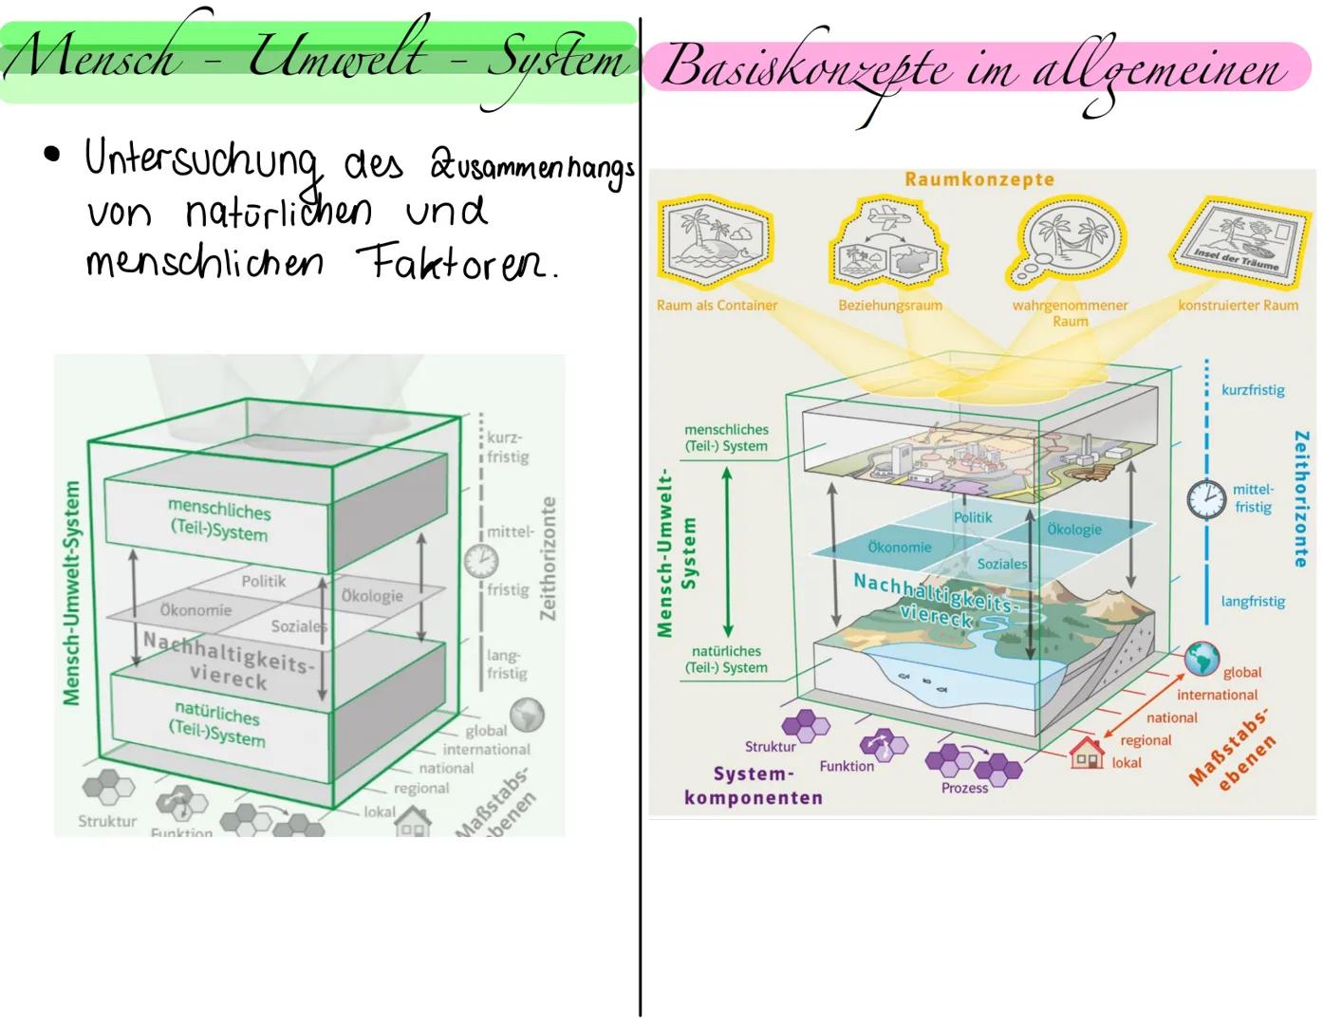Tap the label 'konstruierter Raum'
pos(1238,306)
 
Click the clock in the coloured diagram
pos(1206,499)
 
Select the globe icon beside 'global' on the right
pos(1202,658)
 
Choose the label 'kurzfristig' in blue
pos(1253,390)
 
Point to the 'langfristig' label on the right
pos(1253,602)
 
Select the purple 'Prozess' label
pos(964,788)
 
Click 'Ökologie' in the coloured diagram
pos(1074,530)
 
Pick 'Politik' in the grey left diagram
pos(263,581)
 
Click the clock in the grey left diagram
pos(480,560)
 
